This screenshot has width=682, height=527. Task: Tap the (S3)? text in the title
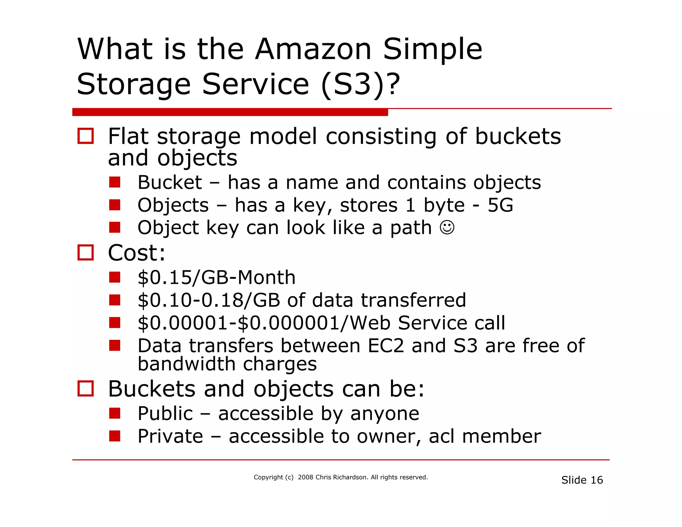360,84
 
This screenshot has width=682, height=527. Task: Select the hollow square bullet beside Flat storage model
85,136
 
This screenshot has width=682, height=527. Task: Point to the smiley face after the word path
447,228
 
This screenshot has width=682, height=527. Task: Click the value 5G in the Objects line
500,205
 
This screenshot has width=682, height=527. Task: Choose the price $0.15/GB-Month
216,277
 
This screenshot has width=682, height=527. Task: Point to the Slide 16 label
582,480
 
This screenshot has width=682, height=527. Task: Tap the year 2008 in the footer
305,477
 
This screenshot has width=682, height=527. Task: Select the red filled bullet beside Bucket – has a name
115,182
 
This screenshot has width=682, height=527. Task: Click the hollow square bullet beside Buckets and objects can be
85,388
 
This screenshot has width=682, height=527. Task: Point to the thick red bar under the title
230,112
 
